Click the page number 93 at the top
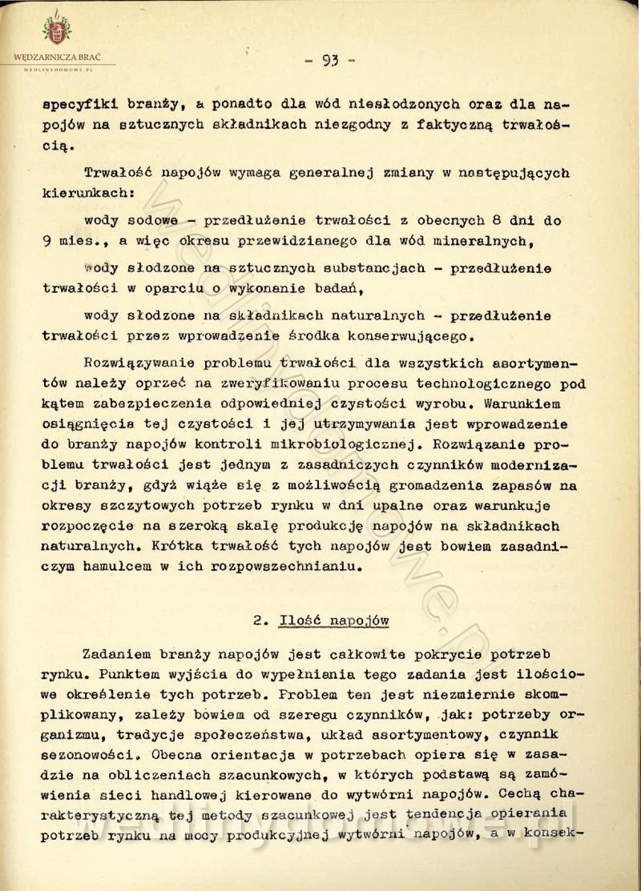(329, 58)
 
